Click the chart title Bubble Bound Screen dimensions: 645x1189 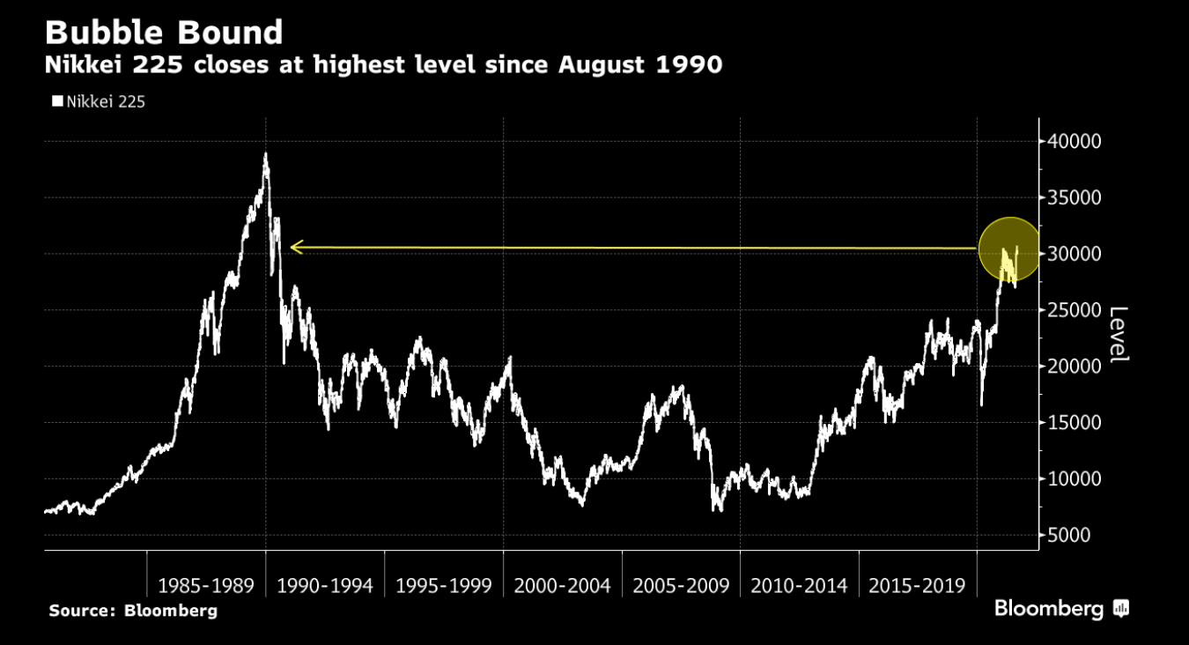tap(164, 33)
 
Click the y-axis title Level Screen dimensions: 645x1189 tap(1118, 334)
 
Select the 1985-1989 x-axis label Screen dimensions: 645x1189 tap(206, 585)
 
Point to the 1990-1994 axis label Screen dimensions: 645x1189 tap(325, 585)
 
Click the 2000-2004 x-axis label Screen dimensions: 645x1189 tap(563, 585)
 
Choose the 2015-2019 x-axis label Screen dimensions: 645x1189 tap(918, 585)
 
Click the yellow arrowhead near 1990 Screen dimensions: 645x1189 tap(295, 248)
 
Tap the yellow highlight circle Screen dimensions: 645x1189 tap(1009, 249)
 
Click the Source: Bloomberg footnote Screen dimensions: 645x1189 tap(133, 611)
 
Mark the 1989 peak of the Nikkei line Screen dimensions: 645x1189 tap(266, 155)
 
